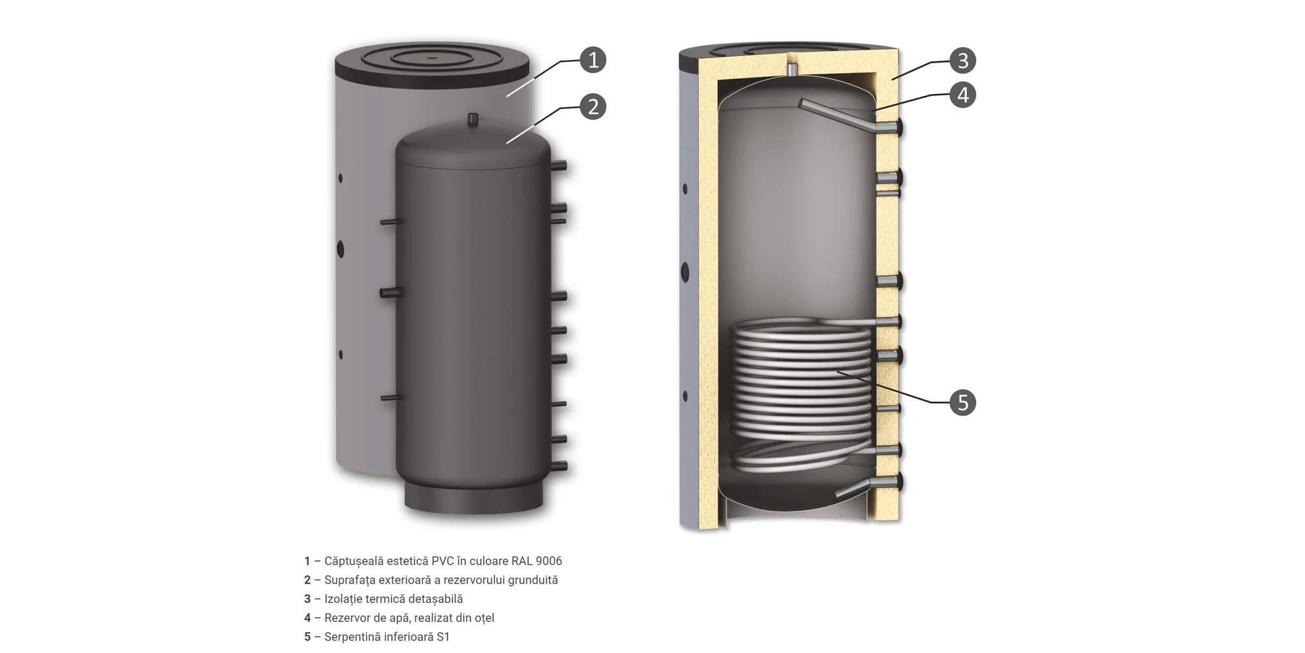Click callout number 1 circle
(x=593, y=60)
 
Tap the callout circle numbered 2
(x=593, y=106)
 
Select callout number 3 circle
(x=962, y=61)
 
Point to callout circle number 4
(x=962, y=95)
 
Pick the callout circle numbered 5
(x=962, y=402)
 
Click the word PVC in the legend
(x=443, y=561)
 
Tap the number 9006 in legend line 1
(x=549, y=561)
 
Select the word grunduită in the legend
(x=533, y=580)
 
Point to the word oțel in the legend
(x=484, y=618)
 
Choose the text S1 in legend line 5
(x=443, y=637)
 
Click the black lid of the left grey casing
(x=432, y=65)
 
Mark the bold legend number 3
(x=307, y=599)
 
